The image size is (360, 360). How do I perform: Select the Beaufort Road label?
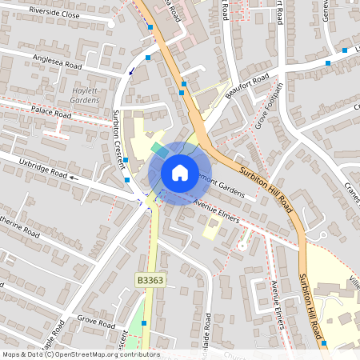(x=245, y=83)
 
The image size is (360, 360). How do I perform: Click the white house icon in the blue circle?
(x=179, y=173)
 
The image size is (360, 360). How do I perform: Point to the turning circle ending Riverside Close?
(x=111, y=23)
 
